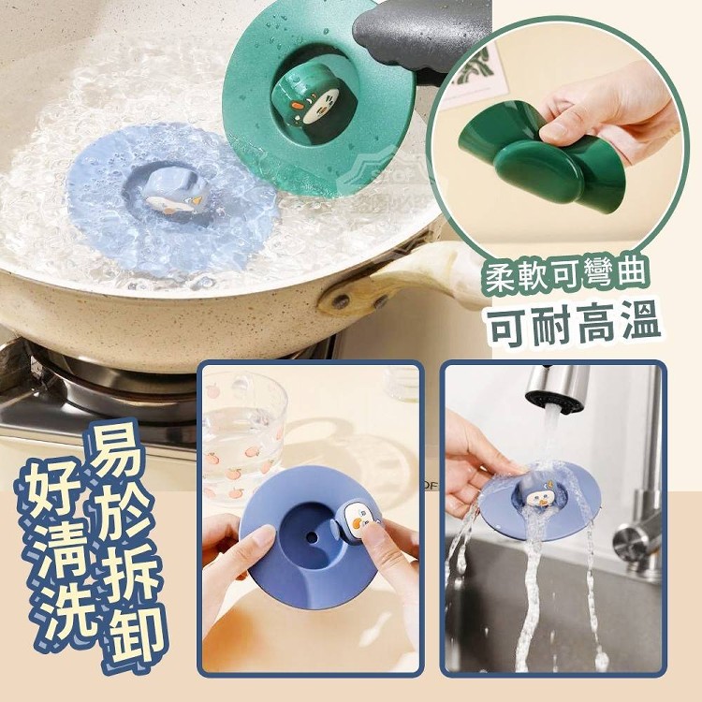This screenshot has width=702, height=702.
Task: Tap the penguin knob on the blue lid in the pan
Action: pos(178,194)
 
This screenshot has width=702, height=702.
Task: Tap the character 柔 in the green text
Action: pos(505,277)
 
